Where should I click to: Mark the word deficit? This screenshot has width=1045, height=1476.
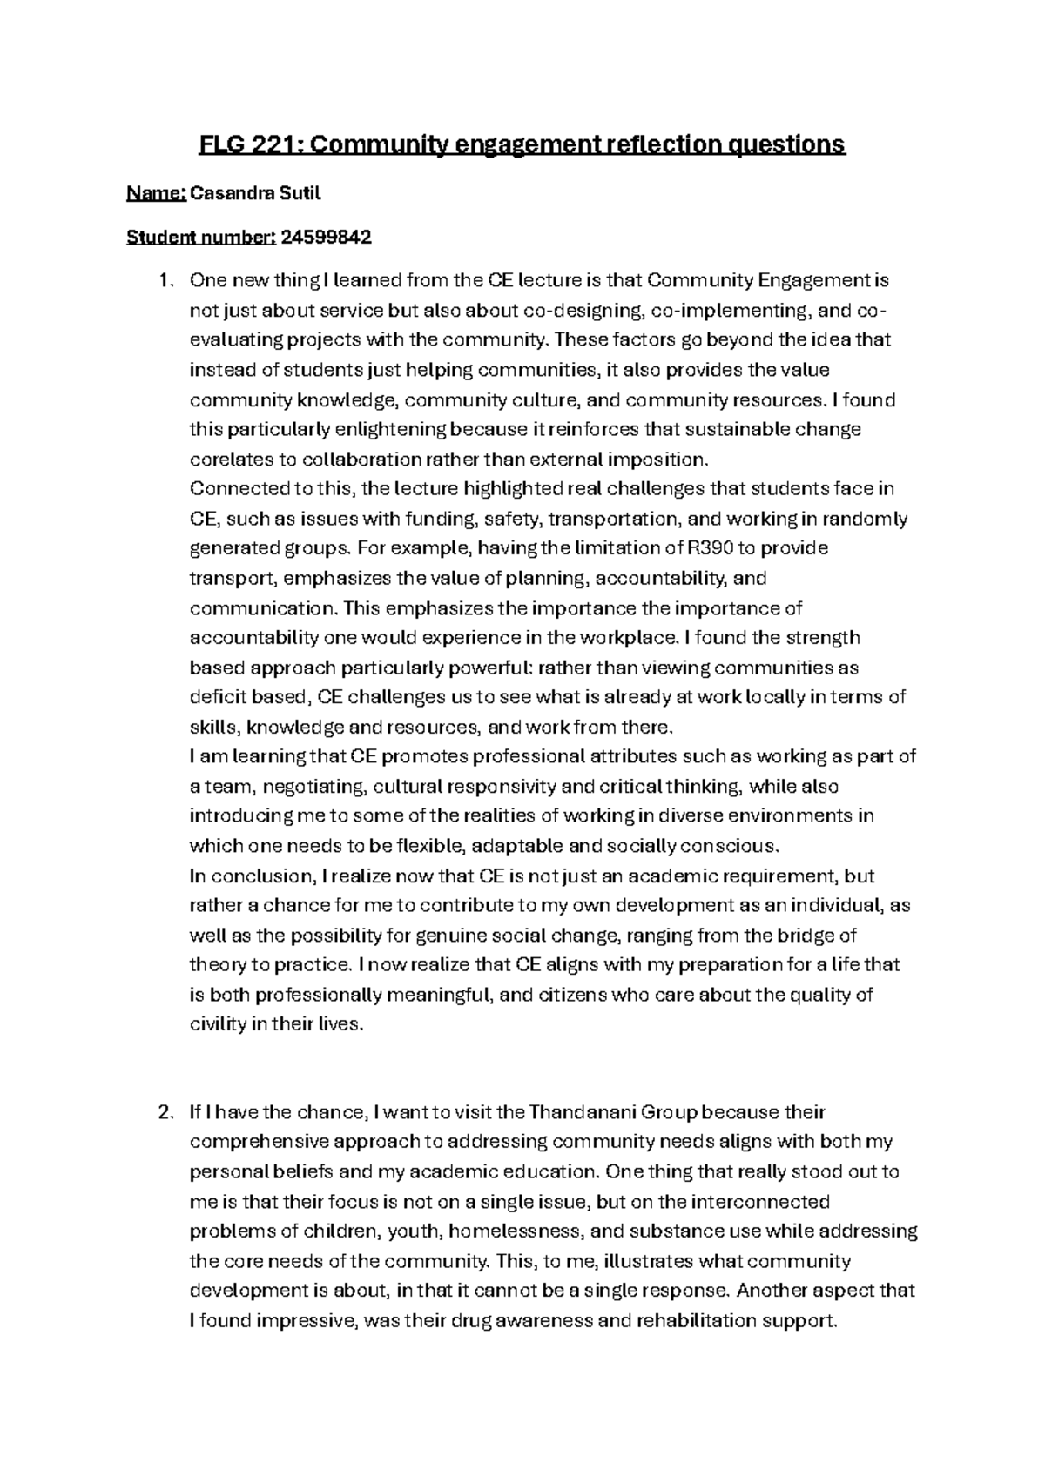click(217, 697)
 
